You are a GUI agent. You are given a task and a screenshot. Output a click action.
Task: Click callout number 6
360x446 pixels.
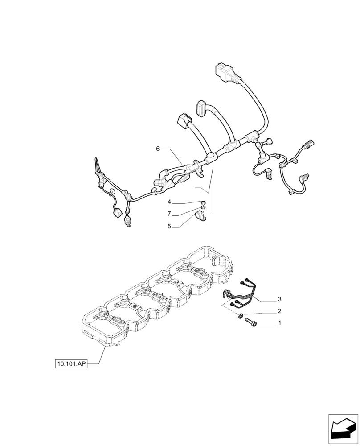point(158,149)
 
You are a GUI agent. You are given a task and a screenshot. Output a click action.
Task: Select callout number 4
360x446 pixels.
point(169,202)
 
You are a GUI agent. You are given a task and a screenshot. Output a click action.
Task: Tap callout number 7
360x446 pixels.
point(169,214)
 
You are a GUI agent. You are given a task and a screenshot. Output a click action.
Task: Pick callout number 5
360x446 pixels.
point(169,227)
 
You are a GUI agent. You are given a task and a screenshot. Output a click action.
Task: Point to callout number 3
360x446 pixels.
point(279,299)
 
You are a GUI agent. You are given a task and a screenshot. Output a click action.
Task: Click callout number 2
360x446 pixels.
point(279,311)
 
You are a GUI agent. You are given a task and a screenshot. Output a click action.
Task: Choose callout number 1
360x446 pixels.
point(279,322)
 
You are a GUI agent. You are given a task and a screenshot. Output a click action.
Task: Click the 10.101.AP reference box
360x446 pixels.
point(71,364)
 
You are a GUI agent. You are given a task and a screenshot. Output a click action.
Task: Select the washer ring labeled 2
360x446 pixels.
point(241,316)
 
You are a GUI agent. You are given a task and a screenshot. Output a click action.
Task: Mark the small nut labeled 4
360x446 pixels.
point(203,202)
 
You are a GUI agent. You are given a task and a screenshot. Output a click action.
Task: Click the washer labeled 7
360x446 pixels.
point(203,207)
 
